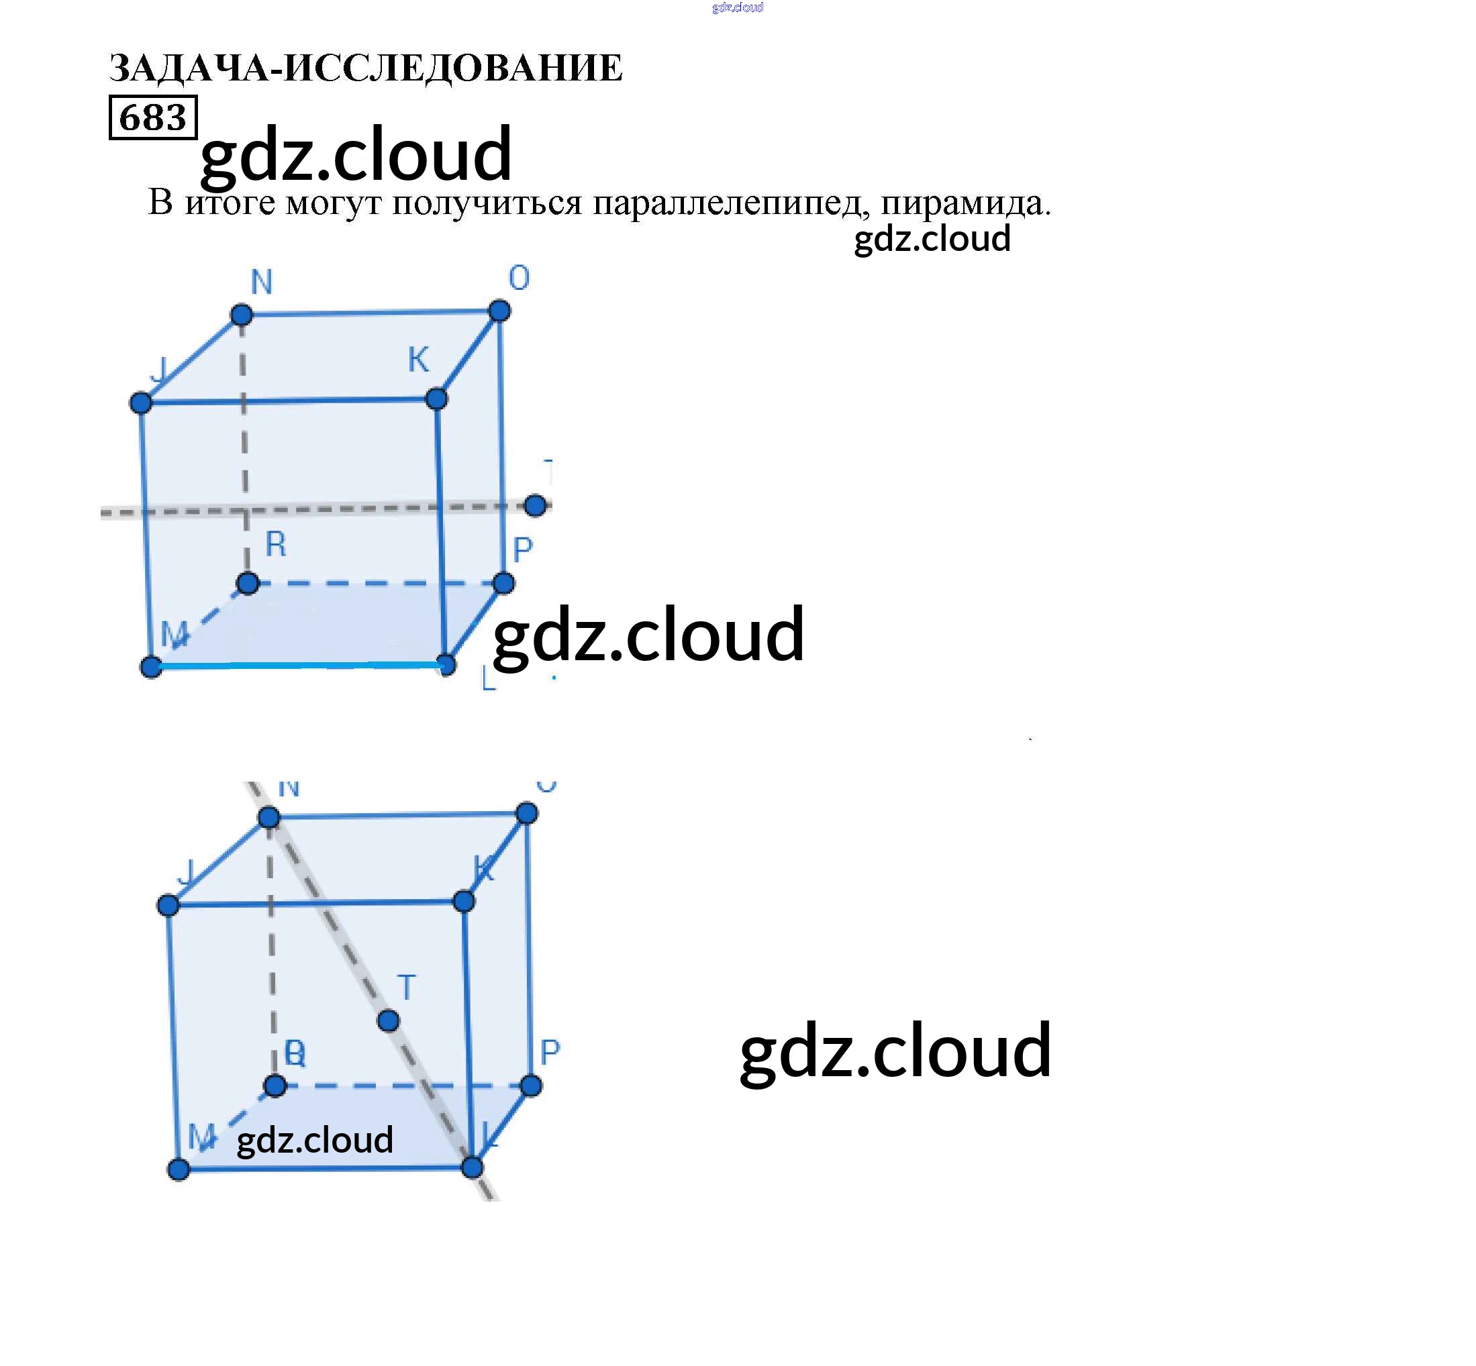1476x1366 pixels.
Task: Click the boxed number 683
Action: [x=152, y=117]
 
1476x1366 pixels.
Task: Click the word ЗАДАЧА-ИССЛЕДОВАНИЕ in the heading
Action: [x=365, y=68]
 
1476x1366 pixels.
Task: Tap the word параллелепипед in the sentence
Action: [x=727, y=203]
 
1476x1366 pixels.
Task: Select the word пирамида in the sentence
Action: [x=965, y=203]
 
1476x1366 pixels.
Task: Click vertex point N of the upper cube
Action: [x=241, y=315]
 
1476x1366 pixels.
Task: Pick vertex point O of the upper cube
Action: [x=499, y=311]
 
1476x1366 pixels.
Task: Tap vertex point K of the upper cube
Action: [x=436, y=399]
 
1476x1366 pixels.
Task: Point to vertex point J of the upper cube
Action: [x=141, y=403]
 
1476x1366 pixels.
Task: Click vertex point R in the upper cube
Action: [x=248, y=584]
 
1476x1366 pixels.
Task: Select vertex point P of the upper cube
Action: [x=503, y=583]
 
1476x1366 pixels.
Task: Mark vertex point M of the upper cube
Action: [x=151, y=667]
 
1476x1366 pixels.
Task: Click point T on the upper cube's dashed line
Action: [x=536, y=506]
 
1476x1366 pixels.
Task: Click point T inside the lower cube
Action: [x=388, y=1020]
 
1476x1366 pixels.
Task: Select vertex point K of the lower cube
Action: [x=464, y=901]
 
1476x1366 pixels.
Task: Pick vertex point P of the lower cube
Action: [x=531, y=1086]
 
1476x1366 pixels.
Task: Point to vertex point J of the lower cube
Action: [x=168, y=906]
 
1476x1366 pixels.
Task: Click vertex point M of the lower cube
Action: [x=179, y=1169]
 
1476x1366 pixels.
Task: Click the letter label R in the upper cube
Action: [x=276, y=545]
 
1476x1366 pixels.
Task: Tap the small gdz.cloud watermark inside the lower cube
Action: [x=314, y=1140]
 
